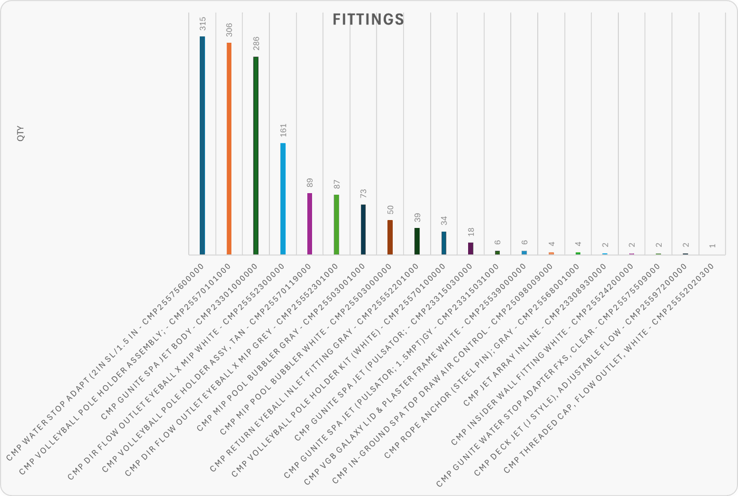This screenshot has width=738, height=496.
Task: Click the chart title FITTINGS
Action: coord(368,20)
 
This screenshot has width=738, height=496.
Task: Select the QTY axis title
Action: coord(21,133)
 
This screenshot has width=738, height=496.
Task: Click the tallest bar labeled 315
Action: coord(202,145)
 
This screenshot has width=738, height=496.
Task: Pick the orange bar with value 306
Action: coord(229,148)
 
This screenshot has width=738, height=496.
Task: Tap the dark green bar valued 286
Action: coord(256,155)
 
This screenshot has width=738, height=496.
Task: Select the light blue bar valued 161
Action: coord(283,198)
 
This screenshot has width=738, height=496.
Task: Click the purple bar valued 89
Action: coord(309,224)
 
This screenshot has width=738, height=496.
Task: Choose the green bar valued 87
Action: coord(336,224)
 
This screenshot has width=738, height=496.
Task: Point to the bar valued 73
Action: coord(363,229)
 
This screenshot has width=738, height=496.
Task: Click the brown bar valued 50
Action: coord(390,237)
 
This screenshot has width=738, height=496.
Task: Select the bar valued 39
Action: coord(417,241)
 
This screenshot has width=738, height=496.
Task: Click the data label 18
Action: coord(471,232)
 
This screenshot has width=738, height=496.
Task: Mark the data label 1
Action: coord(712,245)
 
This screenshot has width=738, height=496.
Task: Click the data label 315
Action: coord(202,24)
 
